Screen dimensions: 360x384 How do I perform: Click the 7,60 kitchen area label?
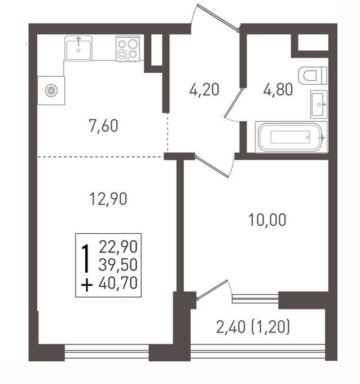103,126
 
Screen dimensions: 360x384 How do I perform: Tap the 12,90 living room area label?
108,199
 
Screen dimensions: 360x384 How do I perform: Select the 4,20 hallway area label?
204,89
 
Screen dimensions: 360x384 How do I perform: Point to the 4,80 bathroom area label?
278,89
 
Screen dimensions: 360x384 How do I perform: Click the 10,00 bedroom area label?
267,220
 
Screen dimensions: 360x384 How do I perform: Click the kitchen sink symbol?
78,48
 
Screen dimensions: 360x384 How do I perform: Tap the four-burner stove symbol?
128,49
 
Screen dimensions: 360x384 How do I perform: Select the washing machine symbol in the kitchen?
51,90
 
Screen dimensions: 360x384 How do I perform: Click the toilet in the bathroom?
313,76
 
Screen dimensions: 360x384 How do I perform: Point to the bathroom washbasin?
319,104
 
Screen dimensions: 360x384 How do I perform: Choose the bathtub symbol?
291,137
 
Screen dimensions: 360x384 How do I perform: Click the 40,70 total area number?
118,283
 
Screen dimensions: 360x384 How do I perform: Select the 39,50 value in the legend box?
118,265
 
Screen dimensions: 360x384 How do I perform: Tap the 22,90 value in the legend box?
118,247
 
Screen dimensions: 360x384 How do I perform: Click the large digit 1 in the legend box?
85,259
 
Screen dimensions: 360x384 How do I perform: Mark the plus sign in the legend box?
87,285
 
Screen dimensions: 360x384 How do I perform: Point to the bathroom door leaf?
234,102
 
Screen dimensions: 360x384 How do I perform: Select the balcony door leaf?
212,289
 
